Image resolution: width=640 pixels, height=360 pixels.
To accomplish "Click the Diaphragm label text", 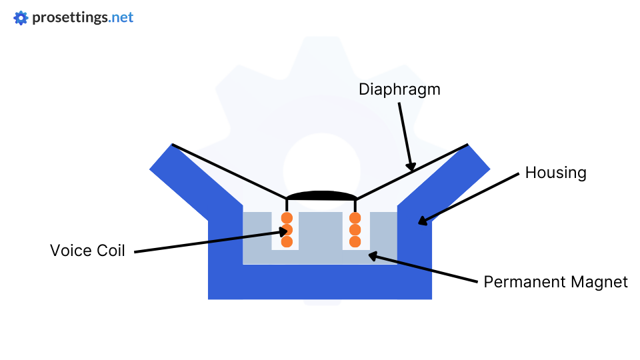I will click(399, 89).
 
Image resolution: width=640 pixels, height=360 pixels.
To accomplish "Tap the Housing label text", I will click(555, 173).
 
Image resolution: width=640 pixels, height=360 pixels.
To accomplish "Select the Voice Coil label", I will click(87, 251).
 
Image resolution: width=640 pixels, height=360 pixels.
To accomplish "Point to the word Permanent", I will click(524, 281).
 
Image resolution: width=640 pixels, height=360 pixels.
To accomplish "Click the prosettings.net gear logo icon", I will click(21, 18).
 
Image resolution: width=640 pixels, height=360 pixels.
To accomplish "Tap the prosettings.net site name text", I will click(83, 18).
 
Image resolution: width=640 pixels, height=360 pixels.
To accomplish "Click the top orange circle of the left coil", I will click(287, 218).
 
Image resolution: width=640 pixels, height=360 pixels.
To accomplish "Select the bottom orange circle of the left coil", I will click(287, 241).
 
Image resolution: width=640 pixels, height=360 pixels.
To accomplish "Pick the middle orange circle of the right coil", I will click(355, 230).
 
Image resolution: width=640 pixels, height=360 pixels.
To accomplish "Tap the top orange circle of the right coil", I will click(355, 218).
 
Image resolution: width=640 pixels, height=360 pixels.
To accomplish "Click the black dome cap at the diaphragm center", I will click(321, 195).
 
